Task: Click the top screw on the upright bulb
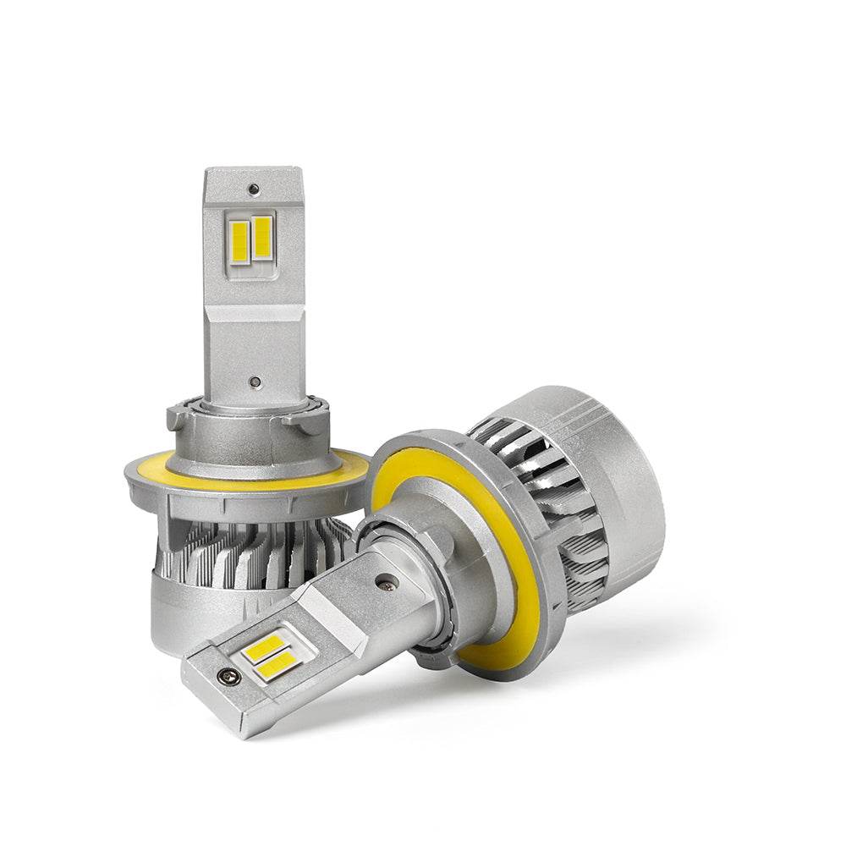pos(252,189)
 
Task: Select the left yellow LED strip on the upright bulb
pos(239,239)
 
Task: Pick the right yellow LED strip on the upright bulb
pos(262,238)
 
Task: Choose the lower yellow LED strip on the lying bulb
pos(279,667)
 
